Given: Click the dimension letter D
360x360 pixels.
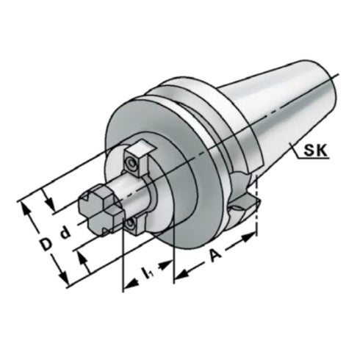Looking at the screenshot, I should (45, 242).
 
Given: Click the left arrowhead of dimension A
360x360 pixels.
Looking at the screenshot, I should (179, 277).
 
